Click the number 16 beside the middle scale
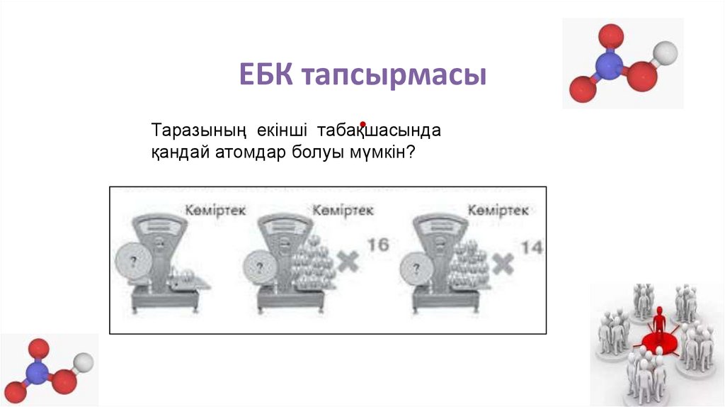(379, 245)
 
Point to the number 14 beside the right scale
(532, 247)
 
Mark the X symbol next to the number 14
(503, 264)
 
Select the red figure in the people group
(659, 325)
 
